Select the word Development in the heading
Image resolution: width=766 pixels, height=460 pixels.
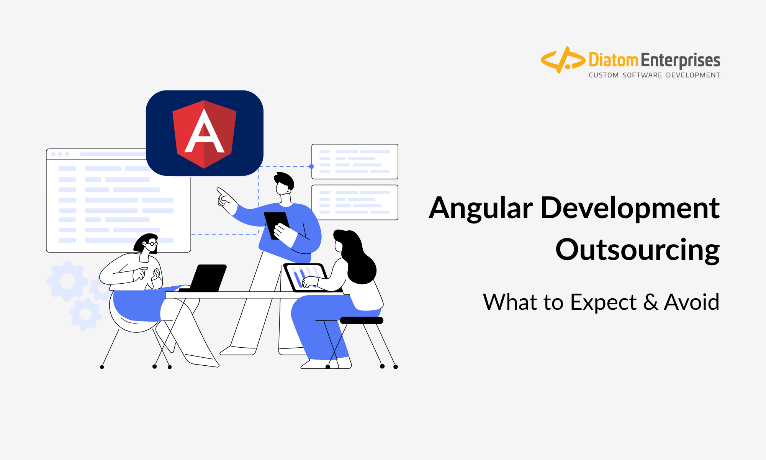pyautogui.click(x=630, y=208)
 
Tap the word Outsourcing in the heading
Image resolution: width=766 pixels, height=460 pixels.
pyautogui.click(x=638, y=250)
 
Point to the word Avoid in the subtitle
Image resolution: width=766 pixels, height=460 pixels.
pyautogui.click(x=692, y=302)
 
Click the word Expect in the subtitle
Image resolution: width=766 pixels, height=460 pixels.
pyautogui.click(x=603, y=303)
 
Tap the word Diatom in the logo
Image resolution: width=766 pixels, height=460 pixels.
pyautogui.click(x=613, y=60)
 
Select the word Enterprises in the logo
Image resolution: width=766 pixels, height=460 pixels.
pyautogui.click(x=680, y=61)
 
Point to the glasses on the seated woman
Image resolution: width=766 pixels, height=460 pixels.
pyautogui.click(x=152, y=243)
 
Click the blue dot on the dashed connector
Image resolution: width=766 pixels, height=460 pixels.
pyautogui.click(x=311, y=166)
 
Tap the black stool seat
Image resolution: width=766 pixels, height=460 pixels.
pyautogui.click(x=362, y=320)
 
